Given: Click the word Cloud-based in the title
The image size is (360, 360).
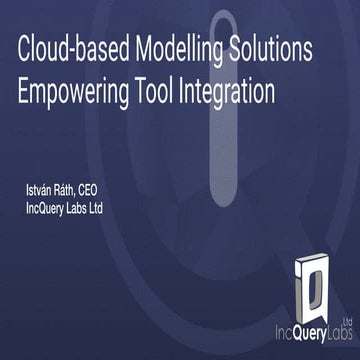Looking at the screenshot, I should [x=63, y=51].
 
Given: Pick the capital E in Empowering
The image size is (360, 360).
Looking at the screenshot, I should [x=24, y=91].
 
